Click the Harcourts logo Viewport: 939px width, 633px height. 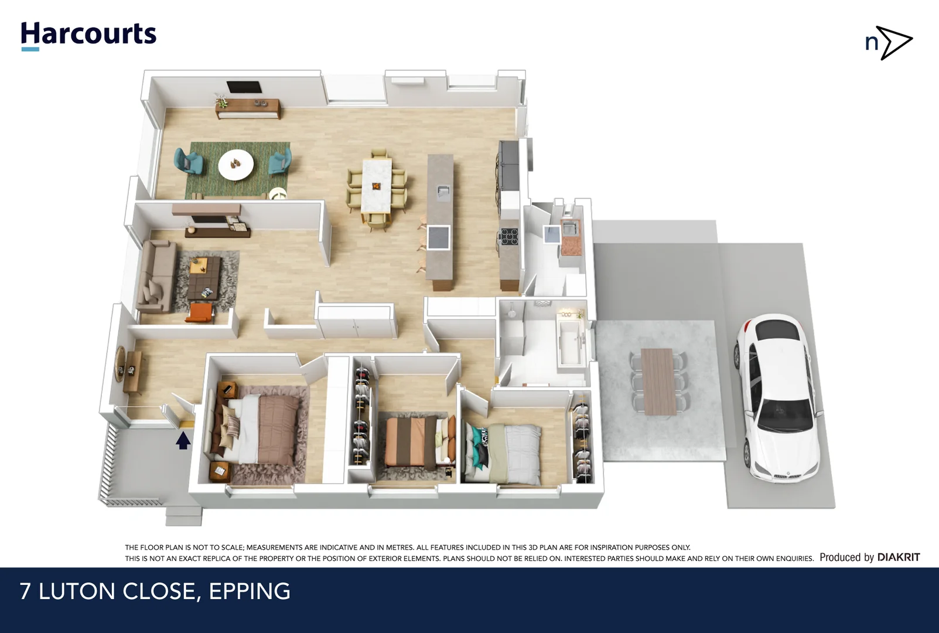88,35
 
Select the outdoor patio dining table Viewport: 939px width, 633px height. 659,382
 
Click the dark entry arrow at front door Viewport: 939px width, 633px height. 183,440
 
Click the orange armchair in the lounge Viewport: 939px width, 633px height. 200,312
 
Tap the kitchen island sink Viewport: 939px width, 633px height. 443,190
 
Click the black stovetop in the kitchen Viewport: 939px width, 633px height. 508,236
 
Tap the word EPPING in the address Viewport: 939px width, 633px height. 250,591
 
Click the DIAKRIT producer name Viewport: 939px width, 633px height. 898,557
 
